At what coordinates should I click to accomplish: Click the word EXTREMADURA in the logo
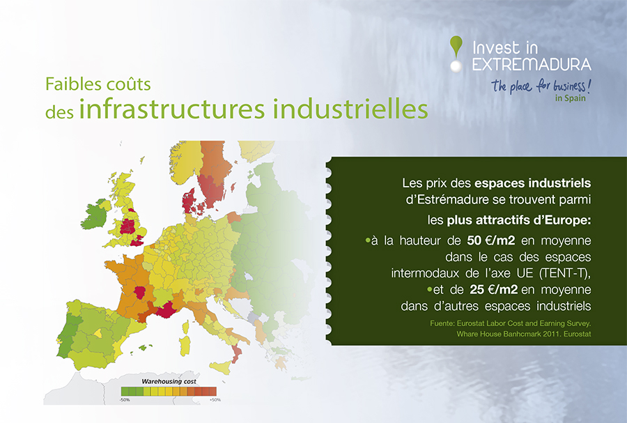coord(532,64)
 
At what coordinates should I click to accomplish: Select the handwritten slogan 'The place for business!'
coord(541,86)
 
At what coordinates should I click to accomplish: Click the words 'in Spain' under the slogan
coord(570,98)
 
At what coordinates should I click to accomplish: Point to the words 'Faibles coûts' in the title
coord(98,84)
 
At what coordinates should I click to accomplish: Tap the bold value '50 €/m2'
coord(491,240)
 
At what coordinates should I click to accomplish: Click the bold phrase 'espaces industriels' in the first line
coord(533,183)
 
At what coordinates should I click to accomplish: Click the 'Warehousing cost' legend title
coord(169,381)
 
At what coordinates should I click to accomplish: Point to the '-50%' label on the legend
coord(125,400)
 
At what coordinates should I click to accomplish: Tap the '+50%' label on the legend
coord(215,400)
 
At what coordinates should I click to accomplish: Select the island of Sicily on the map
coord(220,367)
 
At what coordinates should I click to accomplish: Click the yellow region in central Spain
coord(98,333)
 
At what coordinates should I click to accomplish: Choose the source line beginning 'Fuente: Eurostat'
coord(510,323)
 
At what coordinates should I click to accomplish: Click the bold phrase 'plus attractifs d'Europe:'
coord(518,220)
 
